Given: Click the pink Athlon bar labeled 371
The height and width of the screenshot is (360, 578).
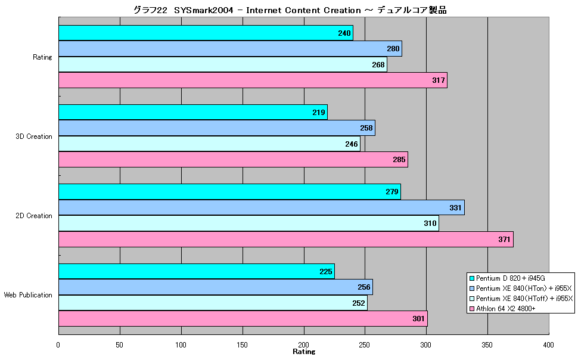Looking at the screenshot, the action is pyautogui.click(x=285, y=240).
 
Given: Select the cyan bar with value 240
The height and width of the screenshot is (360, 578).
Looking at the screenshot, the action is pyautogui.click(x=206, y=33).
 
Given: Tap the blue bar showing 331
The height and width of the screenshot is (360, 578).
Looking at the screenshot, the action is pyautogui.click(x=262, y=207).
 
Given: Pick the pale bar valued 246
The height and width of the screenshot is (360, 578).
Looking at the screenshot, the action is pyautogui.click(x=209, y=144).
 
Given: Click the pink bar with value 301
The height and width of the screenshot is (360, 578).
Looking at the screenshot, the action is pyautogui.click(x=243, y=319).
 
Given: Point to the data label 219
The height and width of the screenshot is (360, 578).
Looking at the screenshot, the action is pyautogui.click(x=318, y=113).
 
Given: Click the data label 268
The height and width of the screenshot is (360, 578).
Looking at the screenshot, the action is pyautogui.click(x=378, y=65).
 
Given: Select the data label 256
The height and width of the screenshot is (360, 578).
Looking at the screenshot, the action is pyautogui.click(x=364, y=287).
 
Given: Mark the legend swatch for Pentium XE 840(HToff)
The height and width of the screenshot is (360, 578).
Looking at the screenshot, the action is pyautogui.click(x=471, y=299).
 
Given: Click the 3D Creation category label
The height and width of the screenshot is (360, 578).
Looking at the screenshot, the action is pyautogui.click(x=34, y=136).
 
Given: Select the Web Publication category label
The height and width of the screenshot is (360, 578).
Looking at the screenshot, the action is pyautogui.click(x=28, y=295).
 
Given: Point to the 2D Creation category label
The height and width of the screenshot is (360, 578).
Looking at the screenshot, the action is pyautogui.click(x=34, y=216).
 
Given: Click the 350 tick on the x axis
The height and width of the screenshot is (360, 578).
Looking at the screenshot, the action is pyautogui.click(x=487, y=345).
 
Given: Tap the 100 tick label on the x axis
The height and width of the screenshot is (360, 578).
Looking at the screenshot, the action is pyautogui.click(x=181, y=345).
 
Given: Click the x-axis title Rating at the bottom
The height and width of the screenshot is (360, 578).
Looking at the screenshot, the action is pyautogui.click(x=304, y=352).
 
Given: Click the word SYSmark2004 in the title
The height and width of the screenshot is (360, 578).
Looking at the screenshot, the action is pyautogui.click(x=204, y=10).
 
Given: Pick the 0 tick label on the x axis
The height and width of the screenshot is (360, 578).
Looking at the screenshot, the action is pyautogui.click(x=58, y=345).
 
